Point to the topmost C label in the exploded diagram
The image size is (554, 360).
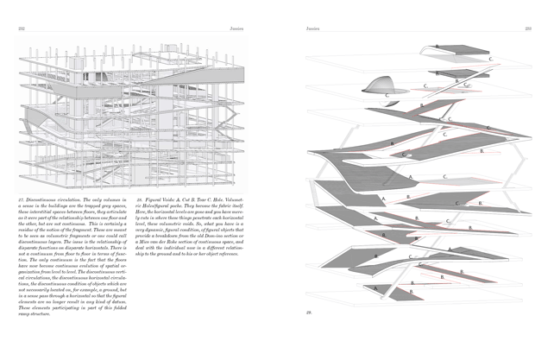[489, 59]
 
